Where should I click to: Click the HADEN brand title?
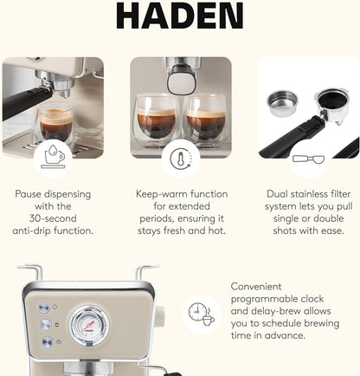179,15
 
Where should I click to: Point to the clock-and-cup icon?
202,313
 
